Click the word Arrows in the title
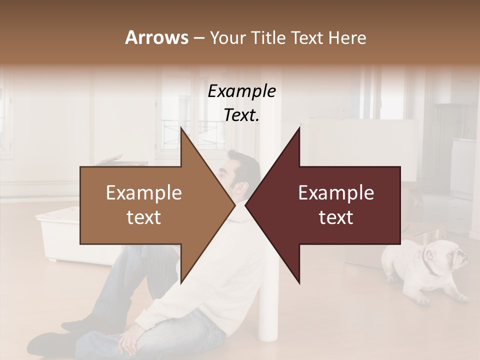click(x=156, y=37)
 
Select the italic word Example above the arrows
click(x=241, y=91)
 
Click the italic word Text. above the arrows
click(x=241, y=115)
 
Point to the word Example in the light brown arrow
click(x=144, y=193)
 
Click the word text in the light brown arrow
click(x=144, y=217)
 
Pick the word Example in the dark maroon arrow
click(x=336, y=193)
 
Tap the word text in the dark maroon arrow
click(x=336, y=217)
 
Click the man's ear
click(x=242, y=188)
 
